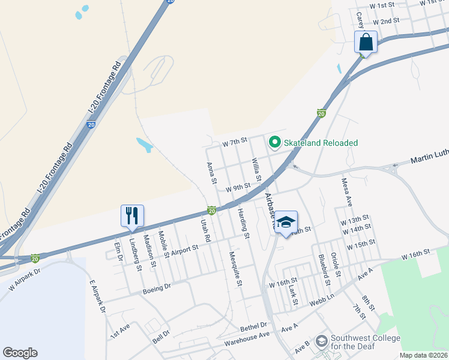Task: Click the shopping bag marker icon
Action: tap(366, 43)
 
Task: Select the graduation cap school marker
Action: tap(286, 223)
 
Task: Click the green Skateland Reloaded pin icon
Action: tap(275, 142)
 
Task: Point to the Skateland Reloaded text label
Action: tap(321, 143)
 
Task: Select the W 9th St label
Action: tap(238, 188)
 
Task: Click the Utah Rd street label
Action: tap(206, 230)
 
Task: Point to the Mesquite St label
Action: tap(235, 268)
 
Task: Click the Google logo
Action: tap(20, 353)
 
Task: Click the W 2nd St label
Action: tap(386, 21)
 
